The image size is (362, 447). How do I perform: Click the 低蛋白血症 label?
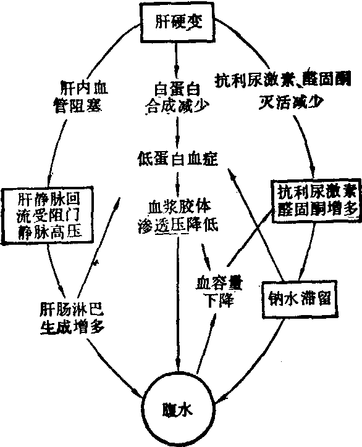(178, 158)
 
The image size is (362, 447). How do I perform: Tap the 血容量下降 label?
(219, 292)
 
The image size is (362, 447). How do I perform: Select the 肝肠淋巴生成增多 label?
(72, 318)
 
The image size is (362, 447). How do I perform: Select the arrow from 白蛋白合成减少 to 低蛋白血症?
(177, 132)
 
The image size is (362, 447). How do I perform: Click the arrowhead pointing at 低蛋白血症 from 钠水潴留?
(232, 174)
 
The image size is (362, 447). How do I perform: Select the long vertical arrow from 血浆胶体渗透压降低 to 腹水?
(178, 303)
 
